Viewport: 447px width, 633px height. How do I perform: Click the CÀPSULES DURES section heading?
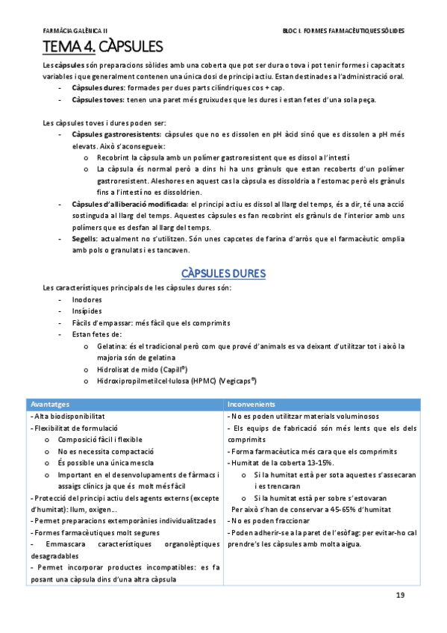click(x=224, y=274)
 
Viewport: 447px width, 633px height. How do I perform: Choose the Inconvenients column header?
click(x=252, y=404)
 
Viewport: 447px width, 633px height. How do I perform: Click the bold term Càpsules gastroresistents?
click(x=116, y=134)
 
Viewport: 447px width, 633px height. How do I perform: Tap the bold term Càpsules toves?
click(x=97, y=100)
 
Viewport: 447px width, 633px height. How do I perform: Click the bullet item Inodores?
click(x=87, y=299)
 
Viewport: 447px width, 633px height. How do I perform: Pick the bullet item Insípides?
click(x=87, y=311)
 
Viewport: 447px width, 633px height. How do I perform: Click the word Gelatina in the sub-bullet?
click(x=112, y=346)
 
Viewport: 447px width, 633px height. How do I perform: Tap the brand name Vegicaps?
click(x=237, y=381)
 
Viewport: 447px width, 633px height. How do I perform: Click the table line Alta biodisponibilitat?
click(x=69, y=416)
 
